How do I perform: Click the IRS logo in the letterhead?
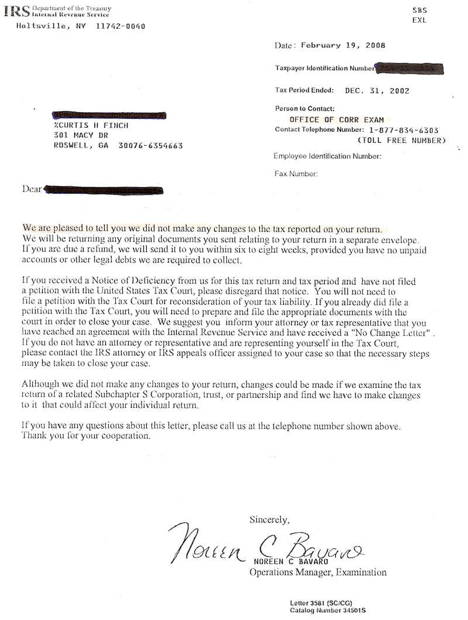pyautogui.click(x=16, y=12)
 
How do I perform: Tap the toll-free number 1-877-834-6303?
pyautogui.click(x=404, y=130)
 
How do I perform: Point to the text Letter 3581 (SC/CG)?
pyautogui.click(x=321, y=602)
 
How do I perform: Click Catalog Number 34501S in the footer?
pyautogui.click(x=328, y=610)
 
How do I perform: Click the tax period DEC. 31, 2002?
pyautogui.click(x=377, y=91)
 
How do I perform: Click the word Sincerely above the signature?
pyautogui.click(x=269, y=519)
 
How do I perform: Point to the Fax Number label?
pyautogui.click(x=296, y=174)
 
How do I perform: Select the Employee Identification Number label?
pyautogui.click(x=328, y=156)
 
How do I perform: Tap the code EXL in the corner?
pyautogui.click(x=419, y=20)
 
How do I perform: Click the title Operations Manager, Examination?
pyautogui.click(x=318, y=572)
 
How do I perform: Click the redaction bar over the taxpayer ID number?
pyautogui.click(x=409, y=68)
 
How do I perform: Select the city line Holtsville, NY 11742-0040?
pyautogui.click(x=81, y=26)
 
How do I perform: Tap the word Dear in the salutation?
pyautogui.click(x=32, y=189)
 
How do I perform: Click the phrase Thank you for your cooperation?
pyautogui.click(x=86, y=436)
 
